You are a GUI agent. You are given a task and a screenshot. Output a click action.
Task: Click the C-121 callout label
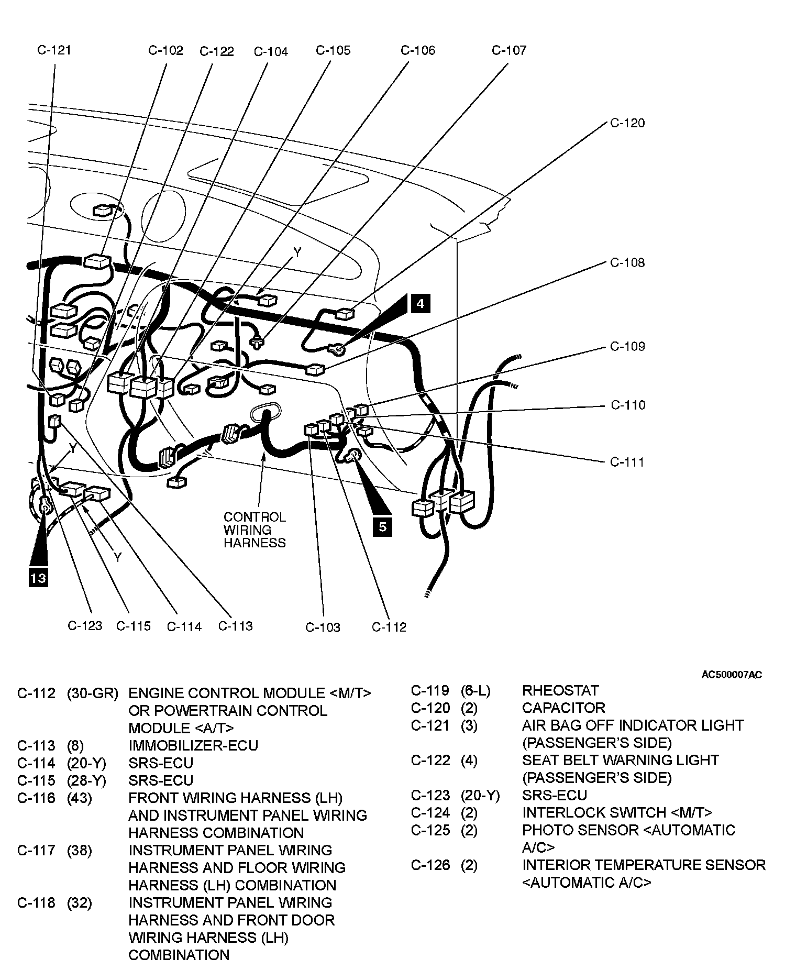coord(54,50)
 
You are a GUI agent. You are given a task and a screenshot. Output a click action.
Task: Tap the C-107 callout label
coord(508,50)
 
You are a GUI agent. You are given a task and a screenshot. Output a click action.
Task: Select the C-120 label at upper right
coord(627,123)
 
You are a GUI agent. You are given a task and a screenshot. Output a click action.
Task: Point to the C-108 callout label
coord(627,262)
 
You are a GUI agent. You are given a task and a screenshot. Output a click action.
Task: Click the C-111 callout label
coord(627,462)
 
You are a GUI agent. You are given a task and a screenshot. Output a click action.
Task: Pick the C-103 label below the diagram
coord(323,627)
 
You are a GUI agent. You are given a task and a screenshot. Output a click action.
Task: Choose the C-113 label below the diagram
coord(235,626)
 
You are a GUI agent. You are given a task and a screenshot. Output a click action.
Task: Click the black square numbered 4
coord(421,304)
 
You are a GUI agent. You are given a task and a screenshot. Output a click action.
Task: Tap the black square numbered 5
coord(383,526)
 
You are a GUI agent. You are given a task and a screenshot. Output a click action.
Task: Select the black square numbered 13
coord(38,578)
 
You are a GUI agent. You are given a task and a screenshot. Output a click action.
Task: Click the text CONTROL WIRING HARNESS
coord(255,530)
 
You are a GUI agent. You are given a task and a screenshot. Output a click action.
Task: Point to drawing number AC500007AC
coord(732,675)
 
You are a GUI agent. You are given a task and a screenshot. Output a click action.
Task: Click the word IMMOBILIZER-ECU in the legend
coord(193,745)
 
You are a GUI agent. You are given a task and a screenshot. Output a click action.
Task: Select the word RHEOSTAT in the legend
coord(560,690)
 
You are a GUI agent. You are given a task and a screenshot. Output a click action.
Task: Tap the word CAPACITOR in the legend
coord(563,708)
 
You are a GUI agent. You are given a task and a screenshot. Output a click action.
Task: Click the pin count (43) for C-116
coord(80,798)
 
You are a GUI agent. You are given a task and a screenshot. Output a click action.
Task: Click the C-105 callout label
coord(333,50)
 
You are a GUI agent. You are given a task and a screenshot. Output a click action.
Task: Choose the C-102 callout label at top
coord(165,50)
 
